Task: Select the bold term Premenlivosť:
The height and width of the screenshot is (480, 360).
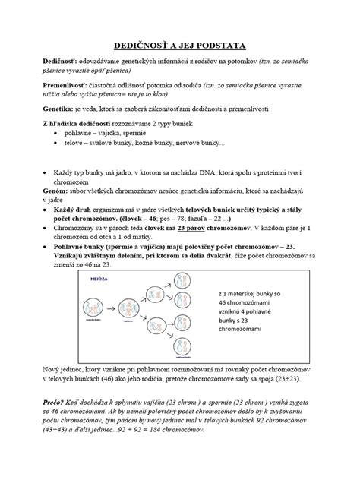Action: [65, 87]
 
